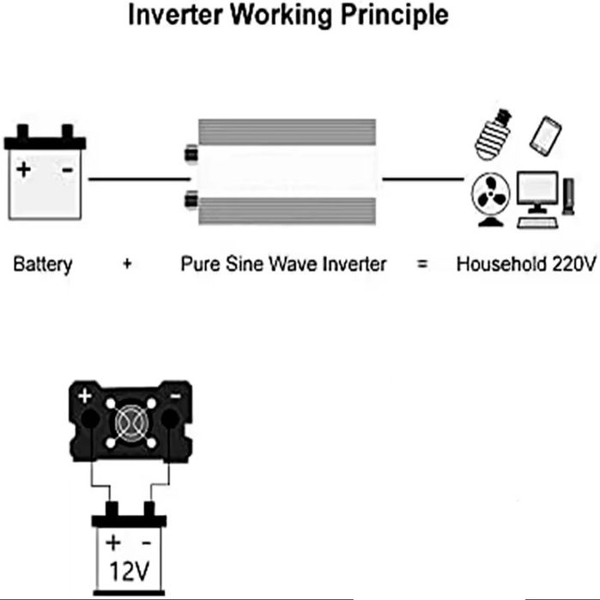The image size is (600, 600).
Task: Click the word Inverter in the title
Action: coord(175,15)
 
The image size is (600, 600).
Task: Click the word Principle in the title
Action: coord(394,15)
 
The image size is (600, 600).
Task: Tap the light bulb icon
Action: coord(493,135)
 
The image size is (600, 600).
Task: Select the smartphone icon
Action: coord(546,136)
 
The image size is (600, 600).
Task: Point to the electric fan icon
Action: coord(491,199)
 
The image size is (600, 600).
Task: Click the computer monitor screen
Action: coord(537,189)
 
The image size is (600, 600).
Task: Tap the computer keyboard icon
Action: coord(536,222)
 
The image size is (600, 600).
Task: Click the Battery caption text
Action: coord(42,264)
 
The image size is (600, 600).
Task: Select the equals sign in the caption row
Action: coord(421,264)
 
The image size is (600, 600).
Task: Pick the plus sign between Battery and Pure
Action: coord(127,264)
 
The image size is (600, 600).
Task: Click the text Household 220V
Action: coord(526,264)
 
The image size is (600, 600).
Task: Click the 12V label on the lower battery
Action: coord(129,572)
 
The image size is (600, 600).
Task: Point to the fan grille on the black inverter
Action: coord(130,422)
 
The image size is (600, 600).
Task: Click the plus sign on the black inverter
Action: coord(85,396)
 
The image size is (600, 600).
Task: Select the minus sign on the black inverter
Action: coord(176,396)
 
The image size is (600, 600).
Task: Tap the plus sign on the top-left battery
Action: coord(24,169)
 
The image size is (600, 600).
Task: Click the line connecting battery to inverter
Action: coord(139,179)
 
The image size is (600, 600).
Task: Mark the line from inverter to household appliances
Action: coord(423,179)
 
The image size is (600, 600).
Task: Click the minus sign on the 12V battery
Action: coord(147,543)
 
